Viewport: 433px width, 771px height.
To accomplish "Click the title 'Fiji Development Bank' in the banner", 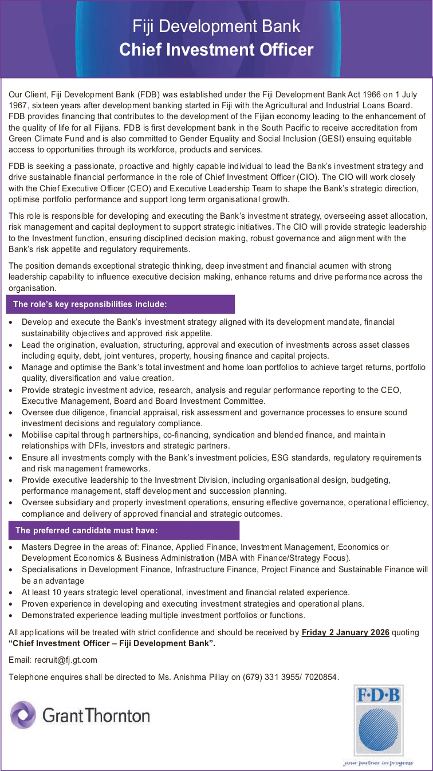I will click(x=216, y=26).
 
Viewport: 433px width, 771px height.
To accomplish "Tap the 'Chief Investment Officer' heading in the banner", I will click(x=216, y=50).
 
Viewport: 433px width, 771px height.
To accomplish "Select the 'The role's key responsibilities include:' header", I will click(x=90, y=304).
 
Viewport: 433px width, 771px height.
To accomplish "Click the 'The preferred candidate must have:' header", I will click(x=86, y=530).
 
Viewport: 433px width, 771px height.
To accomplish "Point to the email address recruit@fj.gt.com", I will click(x=66, y=660).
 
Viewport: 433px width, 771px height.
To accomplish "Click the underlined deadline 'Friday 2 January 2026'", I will click(x=345, y=632).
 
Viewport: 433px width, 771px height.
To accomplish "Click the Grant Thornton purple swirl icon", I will click(x=23, y=715).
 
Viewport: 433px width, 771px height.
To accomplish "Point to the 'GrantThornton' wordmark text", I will click(x=96, y=715).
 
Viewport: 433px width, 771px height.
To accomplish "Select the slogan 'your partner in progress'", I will click(x=378, y=762).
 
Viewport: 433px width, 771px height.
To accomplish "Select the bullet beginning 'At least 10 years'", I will click(x=185, y=592).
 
